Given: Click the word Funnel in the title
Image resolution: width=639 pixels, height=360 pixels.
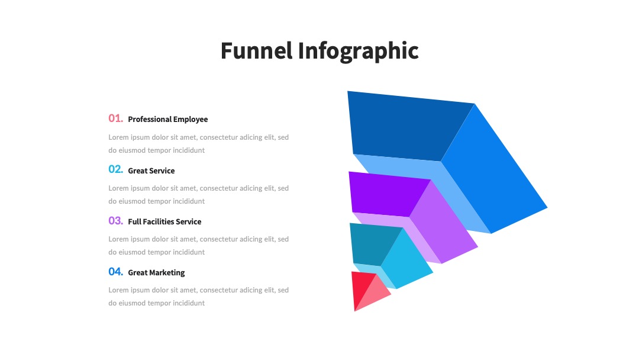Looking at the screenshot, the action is (x=256, y=50).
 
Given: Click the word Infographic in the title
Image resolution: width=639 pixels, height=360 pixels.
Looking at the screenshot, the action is (x=358, y=52).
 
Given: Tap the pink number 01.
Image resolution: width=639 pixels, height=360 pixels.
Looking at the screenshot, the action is (x=116, y=118).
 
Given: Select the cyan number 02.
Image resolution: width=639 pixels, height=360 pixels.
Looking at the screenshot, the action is (x=116, y=169).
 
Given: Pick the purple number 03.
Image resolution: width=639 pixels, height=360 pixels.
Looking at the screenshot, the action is (x=116, y=221).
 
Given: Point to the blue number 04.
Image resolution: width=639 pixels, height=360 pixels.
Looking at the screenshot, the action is (x=116, y=272).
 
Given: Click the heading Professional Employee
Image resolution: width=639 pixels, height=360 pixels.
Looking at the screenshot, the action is (x=168, y=120).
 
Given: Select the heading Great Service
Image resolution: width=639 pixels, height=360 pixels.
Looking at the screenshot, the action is (x=151, y=171).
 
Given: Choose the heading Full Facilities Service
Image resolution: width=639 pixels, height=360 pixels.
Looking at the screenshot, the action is (x=164, y=221).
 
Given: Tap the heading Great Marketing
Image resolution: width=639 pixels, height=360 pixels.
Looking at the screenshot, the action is (x=156, y=273).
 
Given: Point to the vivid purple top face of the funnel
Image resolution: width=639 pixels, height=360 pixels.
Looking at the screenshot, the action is (x=387, y=194).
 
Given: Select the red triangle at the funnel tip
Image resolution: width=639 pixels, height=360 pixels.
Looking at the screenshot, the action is (x=360, y=287).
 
